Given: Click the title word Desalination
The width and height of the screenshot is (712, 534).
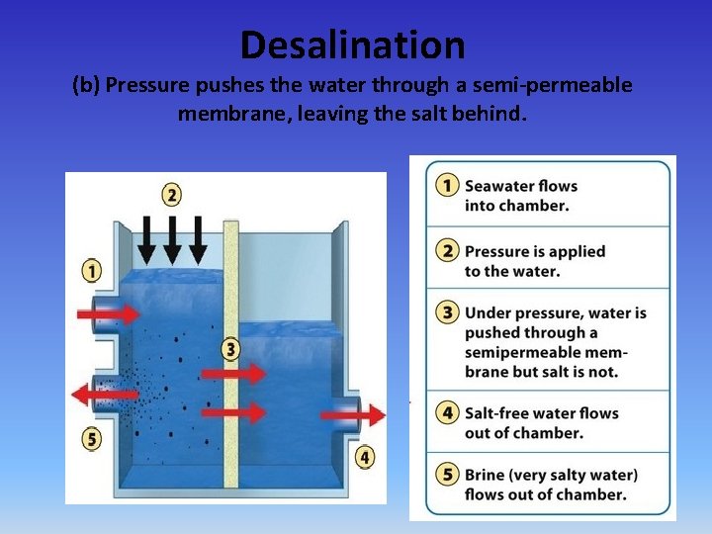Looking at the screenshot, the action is coord(352,44).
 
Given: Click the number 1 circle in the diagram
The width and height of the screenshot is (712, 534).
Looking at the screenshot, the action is coord(92,270).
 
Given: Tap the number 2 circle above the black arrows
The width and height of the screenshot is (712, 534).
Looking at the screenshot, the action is coord(172,194).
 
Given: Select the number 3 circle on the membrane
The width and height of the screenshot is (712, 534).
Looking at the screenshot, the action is coord(230,348).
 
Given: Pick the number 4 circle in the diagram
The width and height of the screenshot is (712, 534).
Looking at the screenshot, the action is coord(366,457).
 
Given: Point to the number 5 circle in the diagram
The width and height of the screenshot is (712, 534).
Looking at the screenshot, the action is coord(92,439).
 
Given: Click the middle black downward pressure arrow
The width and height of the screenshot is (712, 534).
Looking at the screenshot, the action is coord(172,238).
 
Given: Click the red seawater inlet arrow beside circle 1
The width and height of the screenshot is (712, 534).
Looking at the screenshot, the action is coord(108,313).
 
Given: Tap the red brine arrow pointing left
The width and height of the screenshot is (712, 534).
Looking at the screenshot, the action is coord(105,395).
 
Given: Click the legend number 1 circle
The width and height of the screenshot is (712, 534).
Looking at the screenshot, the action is coord(448,186).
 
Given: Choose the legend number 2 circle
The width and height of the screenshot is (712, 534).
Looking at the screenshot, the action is coord(448,251).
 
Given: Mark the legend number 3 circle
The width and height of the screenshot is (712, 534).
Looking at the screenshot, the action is coord(448,312).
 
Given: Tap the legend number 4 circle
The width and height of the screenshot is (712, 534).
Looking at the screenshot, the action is coord(448,412).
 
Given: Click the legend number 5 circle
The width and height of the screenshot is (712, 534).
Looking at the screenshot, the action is coord(448,475).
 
